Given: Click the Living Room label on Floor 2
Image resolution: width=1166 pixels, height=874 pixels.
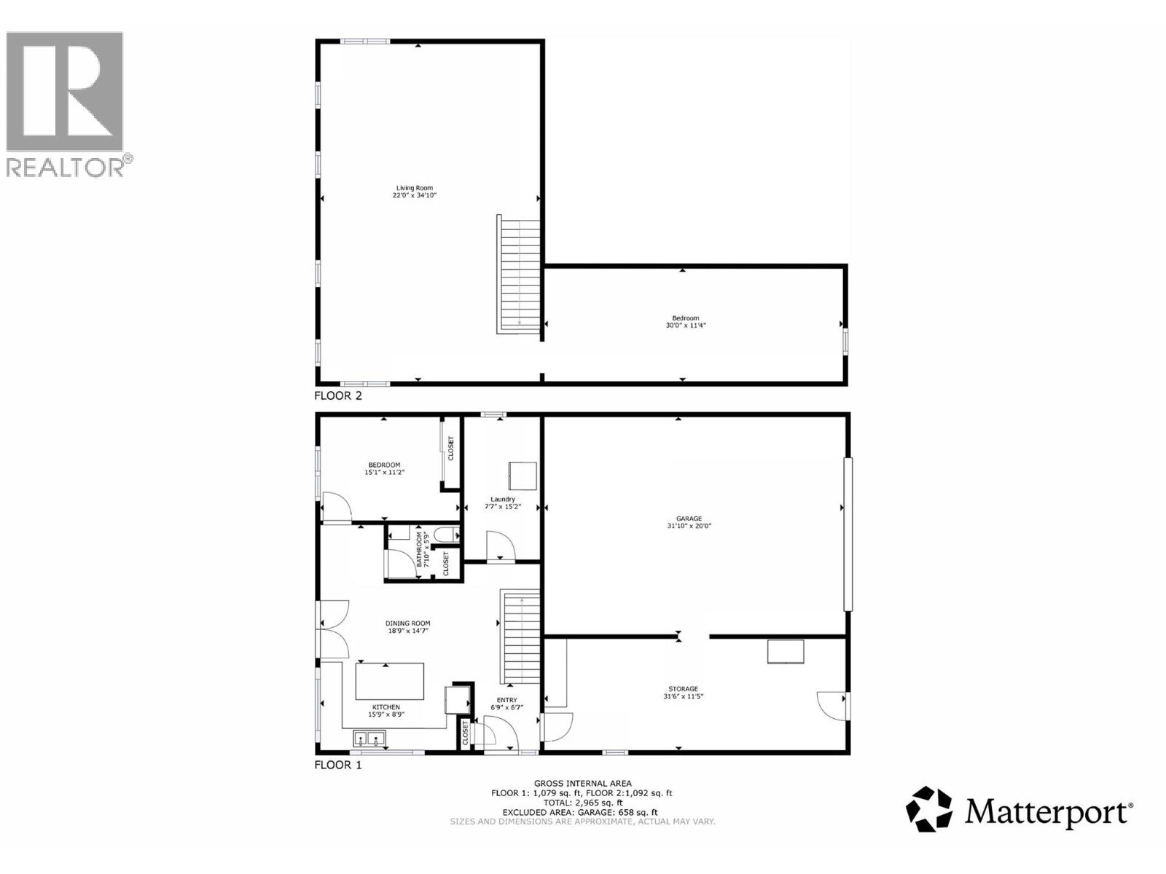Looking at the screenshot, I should pos(415,188).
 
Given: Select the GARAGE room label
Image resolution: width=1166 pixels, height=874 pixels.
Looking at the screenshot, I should pos(689,519).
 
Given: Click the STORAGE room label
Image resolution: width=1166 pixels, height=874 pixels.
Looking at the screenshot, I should pos(684,688).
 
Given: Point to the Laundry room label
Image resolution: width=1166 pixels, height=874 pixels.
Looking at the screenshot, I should pos(503,499).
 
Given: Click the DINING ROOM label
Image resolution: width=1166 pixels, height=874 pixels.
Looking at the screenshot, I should pos(408,623).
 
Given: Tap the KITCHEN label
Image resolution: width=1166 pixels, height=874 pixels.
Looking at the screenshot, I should pos(386,707).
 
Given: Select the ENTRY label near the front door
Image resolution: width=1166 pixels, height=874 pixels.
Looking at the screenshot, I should pos(506,700).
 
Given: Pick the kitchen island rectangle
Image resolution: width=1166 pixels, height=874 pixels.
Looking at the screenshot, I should pos(390,681).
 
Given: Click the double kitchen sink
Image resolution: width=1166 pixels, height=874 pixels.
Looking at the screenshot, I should pos(369,740).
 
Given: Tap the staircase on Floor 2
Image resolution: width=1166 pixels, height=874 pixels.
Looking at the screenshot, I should pos(519,274).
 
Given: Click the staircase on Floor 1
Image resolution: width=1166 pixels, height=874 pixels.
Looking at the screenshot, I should pos(520,638).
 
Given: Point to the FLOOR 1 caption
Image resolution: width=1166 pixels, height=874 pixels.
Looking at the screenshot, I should pos(337,765).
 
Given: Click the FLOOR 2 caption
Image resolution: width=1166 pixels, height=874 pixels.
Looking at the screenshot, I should pos(337,396).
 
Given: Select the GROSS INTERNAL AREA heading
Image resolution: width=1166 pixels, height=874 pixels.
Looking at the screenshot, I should pos(582,784).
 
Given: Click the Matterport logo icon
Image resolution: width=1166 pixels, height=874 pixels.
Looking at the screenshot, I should pos(929,808).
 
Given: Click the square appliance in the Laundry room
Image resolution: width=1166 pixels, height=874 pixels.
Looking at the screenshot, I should pos(523,476).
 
